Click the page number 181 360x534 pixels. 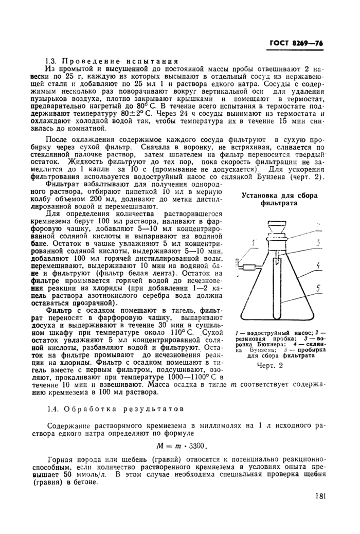click(319, 496)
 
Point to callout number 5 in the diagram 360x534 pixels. click(319, 289)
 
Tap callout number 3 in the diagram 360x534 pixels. click(319, 240)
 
